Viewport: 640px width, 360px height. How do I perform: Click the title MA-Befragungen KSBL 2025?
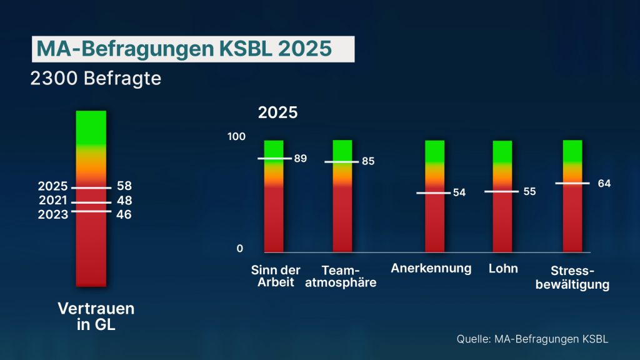click(x=192, y=49)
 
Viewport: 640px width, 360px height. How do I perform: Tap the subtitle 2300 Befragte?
click(x=96, y=79)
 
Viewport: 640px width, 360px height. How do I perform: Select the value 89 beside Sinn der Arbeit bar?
click(x=301, y=158)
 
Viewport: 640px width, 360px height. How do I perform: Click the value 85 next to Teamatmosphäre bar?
click(x=368, y=161)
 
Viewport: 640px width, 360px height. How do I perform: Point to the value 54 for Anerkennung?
click(x=459, y=192)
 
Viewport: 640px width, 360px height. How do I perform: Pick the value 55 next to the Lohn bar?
click(x=529, y=191)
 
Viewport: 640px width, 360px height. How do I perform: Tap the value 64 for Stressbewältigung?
click(x=604, y=183)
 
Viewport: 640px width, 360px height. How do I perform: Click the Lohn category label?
click(x=503, y=269)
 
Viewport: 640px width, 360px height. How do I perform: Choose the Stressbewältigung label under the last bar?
click(x=580, y=278)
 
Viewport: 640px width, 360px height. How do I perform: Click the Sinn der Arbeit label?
click(x=276, y=276)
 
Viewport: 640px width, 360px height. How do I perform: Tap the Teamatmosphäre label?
click(x=349, y=276)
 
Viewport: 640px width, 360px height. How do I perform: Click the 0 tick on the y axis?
click(x=240, y=249)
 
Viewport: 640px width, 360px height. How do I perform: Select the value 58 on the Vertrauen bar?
click(x=124, y=186)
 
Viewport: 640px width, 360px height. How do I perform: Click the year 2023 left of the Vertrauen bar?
click(x=52, y=214)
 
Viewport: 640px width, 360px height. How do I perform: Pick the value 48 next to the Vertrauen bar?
click(x=124, y=201)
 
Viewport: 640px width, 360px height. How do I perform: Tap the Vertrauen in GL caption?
click(x=96, y=316)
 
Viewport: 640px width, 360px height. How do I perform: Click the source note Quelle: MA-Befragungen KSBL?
click(x=532, y=339)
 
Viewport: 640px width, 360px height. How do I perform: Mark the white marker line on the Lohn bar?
click(x=501, y=192)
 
